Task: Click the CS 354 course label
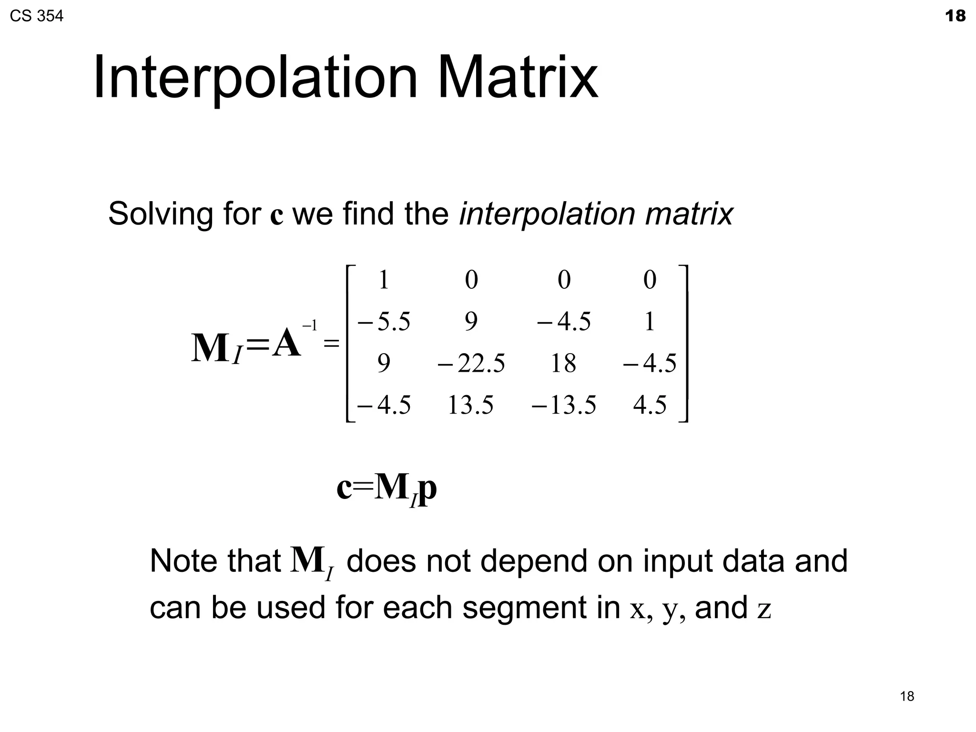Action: tap(36, 16)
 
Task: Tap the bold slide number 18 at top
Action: tap(955, 16)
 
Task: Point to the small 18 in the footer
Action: tap(907, 696)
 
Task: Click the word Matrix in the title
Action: tap(517, 77)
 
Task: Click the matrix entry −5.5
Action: tap(384, 322)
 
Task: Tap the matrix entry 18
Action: tap(563, 364)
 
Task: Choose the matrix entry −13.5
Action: tap(564, 406)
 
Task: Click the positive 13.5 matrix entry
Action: tap(470, 406)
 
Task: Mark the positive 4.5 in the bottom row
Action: tap(650, 406)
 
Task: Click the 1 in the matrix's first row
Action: tap(384, 280)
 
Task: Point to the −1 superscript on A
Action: tap(310, 326)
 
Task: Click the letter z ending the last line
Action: tap(764, 610)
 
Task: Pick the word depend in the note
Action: tap(534, 562)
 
